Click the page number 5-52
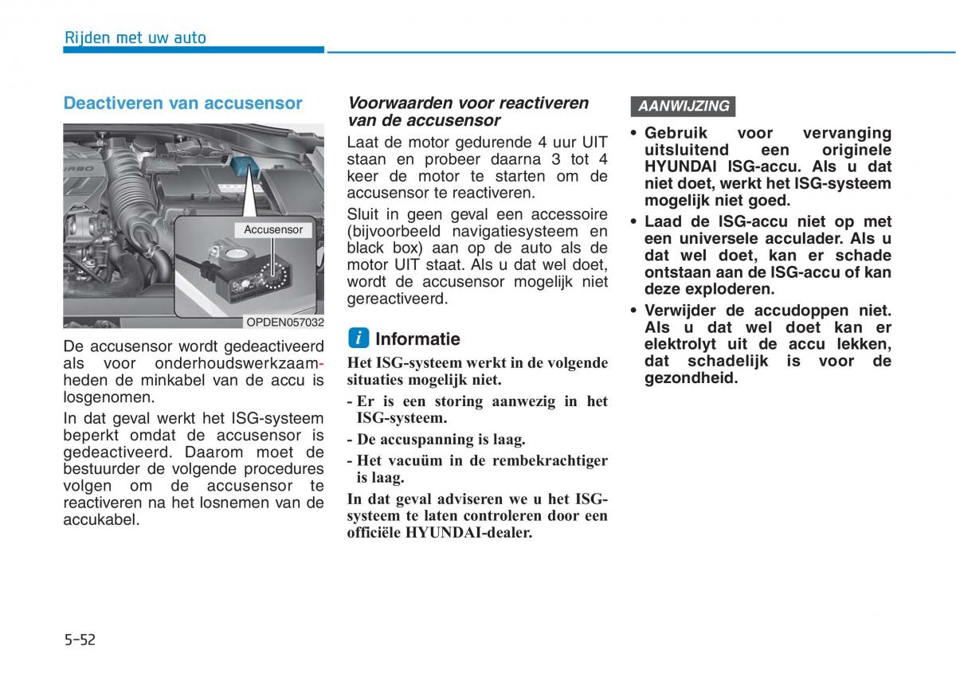coord(80,639)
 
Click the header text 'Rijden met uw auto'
coord(135,37)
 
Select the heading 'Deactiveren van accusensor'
coord(182,103)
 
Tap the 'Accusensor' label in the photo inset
coord(273,229)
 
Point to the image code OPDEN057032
coord(284,322)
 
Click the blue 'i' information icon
coord(358,338)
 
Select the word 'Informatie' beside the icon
coord(417,338)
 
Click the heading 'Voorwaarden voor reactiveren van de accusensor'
coord(468,112)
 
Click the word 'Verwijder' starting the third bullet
coord(685,311)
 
